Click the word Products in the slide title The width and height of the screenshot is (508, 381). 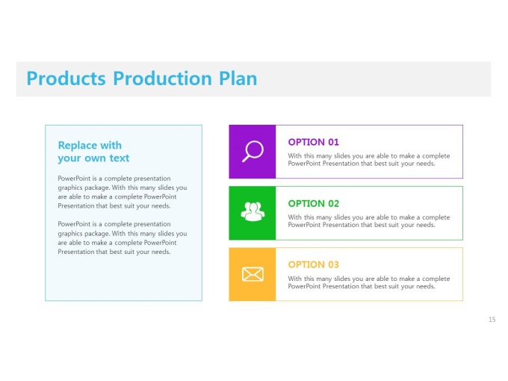66,78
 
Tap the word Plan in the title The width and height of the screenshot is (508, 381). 238,78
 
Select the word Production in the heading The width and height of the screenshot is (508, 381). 162,78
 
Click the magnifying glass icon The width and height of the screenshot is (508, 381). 253,152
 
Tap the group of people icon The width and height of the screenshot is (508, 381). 253,212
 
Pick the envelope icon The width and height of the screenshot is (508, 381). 253,274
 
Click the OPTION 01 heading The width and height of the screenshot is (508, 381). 313,142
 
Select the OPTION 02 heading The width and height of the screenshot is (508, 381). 313,203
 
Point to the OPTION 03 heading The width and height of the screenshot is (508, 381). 313,264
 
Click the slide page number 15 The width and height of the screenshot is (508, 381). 492,320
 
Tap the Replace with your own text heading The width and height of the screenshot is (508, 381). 93,152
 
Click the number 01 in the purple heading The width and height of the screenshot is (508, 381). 333,142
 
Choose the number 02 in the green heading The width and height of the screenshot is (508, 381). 333,203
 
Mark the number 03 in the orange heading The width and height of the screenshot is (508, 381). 333,264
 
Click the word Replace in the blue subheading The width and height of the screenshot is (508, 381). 78,146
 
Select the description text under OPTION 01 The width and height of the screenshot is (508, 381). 369,160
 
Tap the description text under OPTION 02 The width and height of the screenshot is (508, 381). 369,221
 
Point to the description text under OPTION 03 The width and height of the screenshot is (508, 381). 369,282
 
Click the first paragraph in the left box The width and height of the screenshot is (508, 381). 123,192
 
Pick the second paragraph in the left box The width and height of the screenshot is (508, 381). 123,238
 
